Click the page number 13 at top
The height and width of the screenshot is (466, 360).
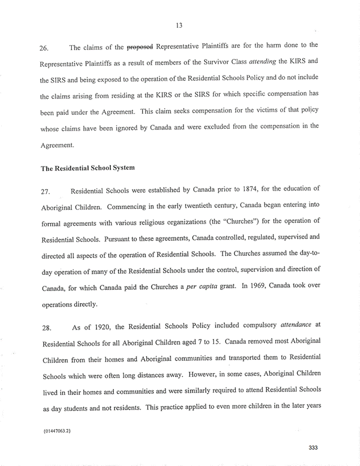pyautogui.click(x=180, y=25)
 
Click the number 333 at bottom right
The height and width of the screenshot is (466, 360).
pyautogui.click(x=314, y=448)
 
